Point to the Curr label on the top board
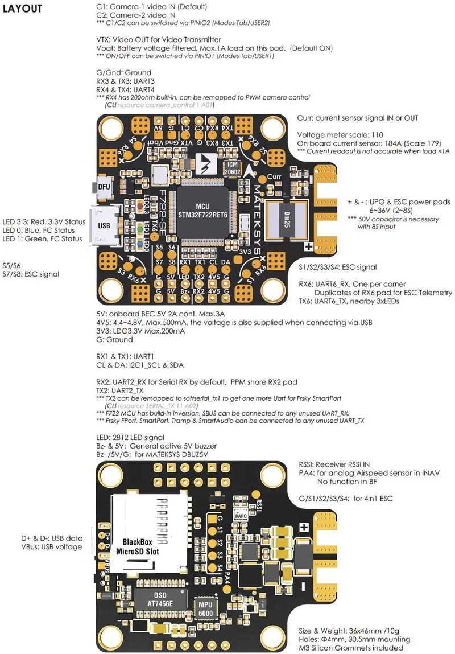click(275, 178)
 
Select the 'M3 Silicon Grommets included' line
click(351, 648)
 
